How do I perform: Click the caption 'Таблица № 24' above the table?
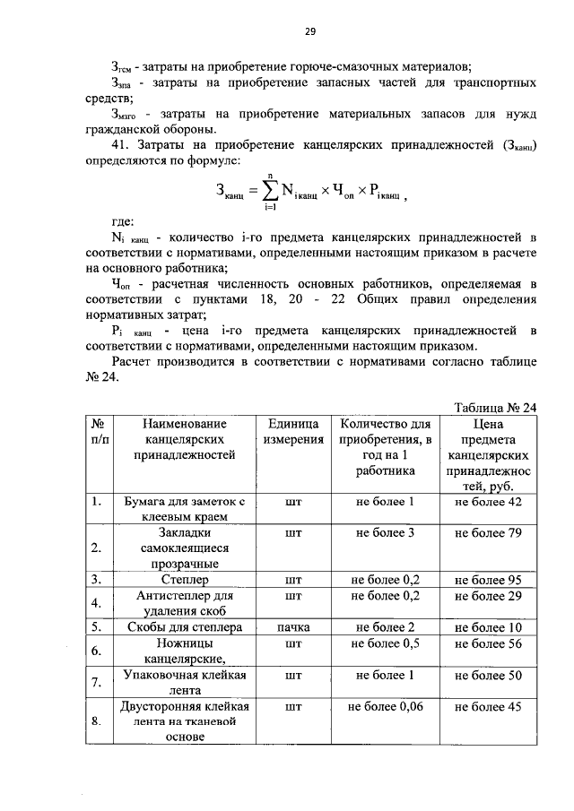[495, 406]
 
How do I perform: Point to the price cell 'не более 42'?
[488, 502]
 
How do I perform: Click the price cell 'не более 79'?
[488, 533]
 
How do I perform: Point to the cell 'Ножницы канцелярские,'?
[186, 651]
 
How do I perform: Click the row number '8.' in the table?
[95, 721]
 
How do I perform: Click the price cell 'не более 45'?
[488, 707]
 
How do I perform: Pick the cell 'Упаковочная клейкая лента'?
[186, 683]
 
